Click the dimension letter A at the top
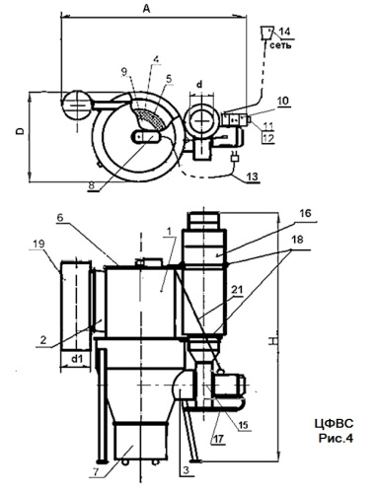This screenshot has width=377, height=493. point(146,9)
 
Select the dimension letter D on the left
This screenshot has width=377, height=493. point(21,131)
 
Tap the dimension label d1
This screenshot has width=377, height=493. point(77,359)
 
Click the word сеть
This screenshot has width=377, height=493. point(280,45)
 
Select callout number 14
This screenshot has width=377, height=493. point(284,32)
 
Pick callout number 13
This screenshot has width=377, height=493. point(253,176)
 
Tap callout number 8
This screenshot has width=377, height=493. point(92,185)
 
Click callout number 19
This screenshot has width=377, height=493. point(38,244)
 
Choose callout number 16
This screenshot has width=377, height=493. point(305,213)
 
